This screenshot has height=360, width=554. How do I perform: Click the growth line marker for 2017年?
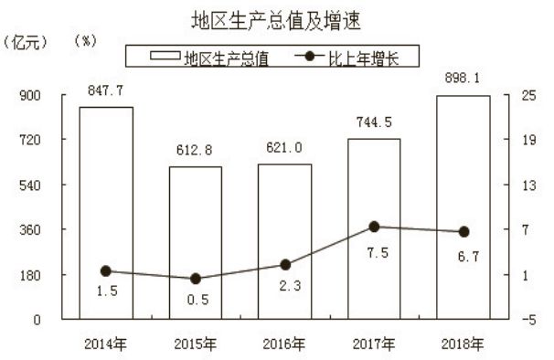(374, 227)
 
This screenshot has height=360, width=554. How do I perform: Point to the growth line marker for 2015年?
(195, 279)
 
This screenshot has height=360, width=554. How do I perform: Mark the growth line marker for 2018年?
(463, 232)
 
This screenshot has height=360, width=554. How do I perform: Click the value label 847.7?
(106, 93)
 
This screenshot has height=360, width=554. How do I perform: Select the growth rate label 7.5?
(374, 252)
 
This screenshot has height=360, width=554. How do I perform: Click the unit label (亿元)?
(24, 41)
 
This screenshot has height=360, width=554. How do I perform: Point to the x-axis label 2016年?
(284, 344)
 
